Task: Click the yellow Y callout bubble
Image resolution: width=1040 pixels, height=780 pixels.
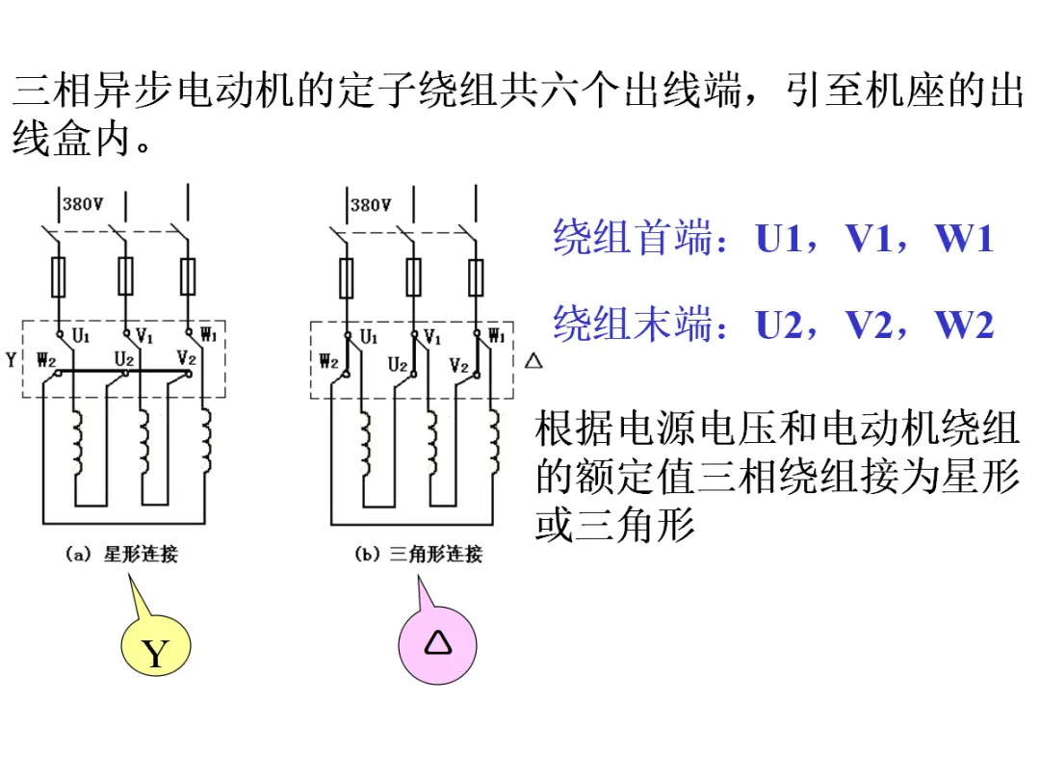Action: pos(156,644)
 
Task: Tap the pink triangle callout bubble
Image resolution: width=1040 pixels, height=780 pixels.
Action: pos(438,644)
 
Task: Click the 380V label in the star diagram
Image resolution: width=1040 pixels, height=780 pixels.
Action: pos(83,203)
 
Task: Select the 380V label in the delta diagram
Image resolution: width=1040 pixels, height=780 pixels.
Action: pos(371,205)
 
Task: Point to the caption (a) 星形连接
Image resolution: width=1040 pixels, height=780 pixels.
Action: pos(121,554)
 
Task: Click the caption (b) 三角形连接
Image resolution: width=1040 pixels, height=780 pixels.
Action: pos(419,554)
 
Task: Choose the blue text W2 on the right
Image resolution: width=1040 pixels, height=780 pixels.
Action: pos(964,325)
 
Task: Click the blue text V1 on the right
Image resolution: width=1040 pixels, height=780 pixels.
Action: pos(868,238)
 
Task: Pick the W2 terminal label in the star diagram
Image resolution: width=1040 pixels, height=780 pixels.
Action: pos(46,360)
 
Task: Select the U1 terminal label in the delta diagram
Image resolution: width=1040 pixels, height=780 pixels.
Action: pos(369,337)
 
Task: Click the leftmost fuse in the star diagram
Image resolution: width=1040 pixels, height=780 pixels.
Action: pos(59,276)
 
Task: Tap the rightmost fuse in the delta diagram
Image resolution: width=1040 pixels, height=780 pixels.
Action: pos(477,277)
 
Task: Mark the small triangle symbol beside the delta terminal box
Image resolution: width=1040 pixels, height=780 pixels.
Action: pos(533,361)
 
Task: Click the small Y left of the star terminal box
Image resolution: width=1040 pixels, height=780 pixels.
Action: pos(11,360)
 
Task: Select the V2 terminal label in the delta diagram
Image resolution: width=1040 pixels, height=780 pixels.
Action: pos(459,366)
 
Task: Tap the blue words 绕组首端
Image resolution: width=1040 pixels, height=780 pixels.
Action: pos(634,238)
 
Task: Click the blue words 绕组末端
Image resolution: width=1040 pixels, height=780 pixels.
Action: pos(634,324)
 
